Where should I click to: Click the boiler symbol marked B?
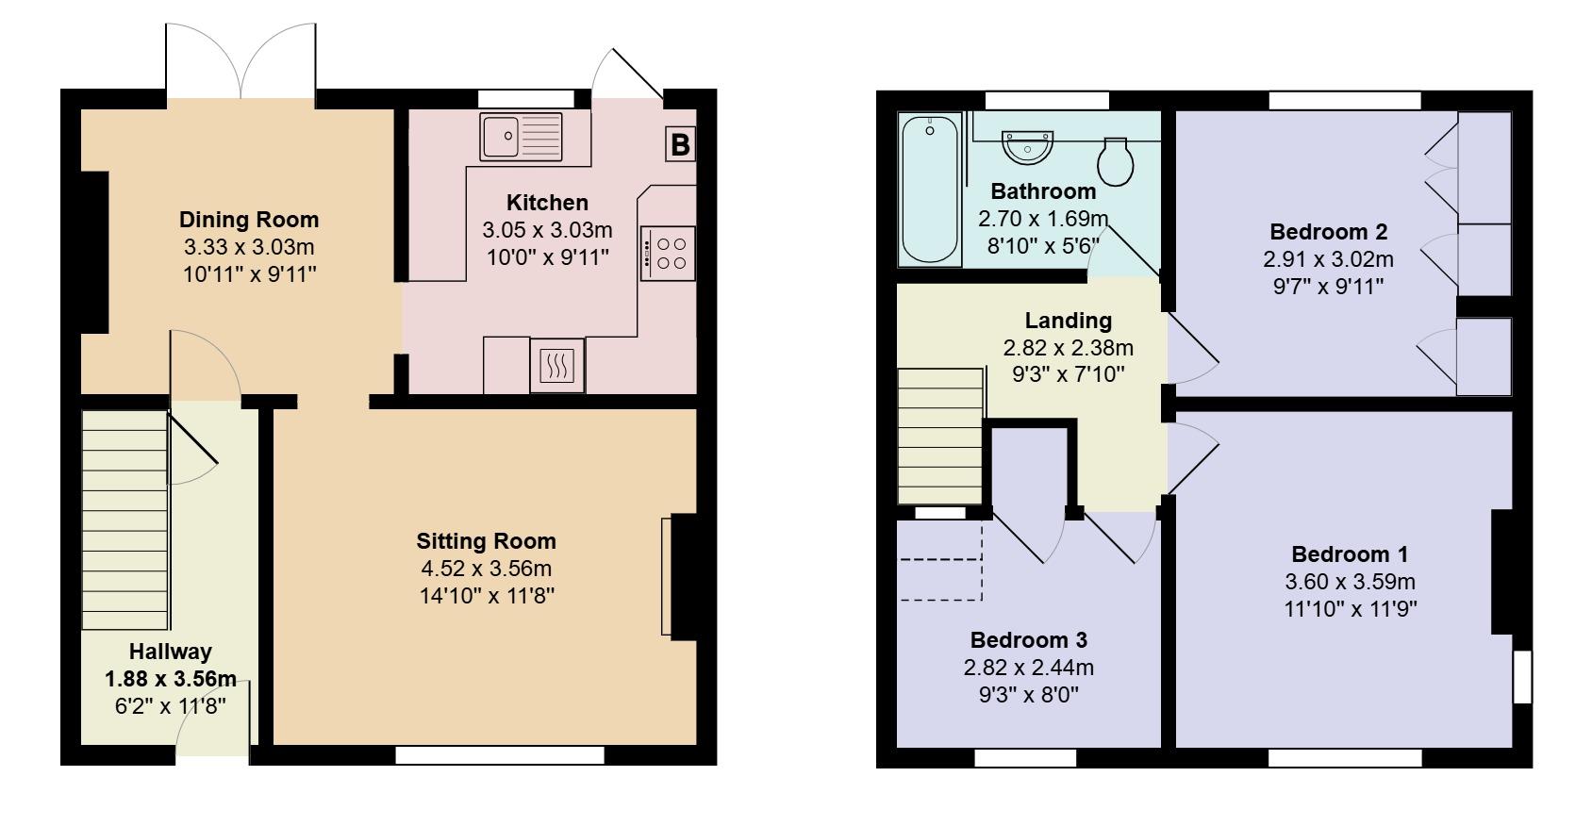pos(681,144)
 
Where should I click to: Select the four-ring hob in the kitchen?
pos(669,253)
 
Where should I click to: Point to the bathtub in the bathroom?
pos(930,188)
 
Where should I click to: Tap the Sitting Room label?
pos(486,541)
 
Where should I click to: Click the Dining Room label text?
pos(249,220)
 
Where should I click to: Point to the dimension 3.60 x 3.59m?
pos(1350,582)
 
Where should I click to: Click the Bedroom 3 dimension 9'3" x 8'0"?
pos(1028,696)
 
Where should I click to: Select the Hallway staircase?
pos(125,519)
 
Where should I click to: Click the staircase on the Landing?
pos(939,436)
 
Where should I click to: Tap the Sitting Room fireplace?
pos(681,575)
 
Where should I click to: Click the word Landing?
pos(1068,321)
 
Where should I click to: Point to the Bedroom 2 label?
pos(1328,232)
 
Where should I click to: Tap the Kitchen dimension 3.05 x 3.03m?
pos(547,230)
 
